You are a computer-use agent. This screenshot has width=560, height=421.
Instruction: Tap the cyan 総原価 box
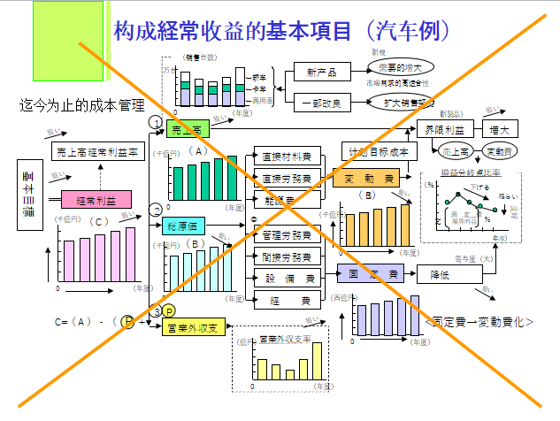[x=184, y=225]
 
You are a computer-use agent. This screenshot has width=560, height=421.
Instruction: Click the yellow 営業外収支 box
[x=192, y=329]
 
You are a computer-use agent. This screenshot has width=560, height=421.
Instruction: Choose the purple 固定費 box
[x=371, y=275]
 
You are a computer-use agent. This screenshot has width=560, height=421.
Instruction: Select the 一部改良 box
[x=320, y=103]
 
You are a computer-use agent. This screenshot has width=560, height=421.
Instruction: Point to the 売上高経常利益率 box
[x=97, y=151]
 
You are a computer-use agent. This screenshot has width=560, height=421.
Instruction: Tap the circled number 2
[x=156, y=210]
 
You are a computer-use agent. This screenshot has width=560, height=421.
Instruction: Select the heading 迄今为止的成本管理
[x=81, y=105]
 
